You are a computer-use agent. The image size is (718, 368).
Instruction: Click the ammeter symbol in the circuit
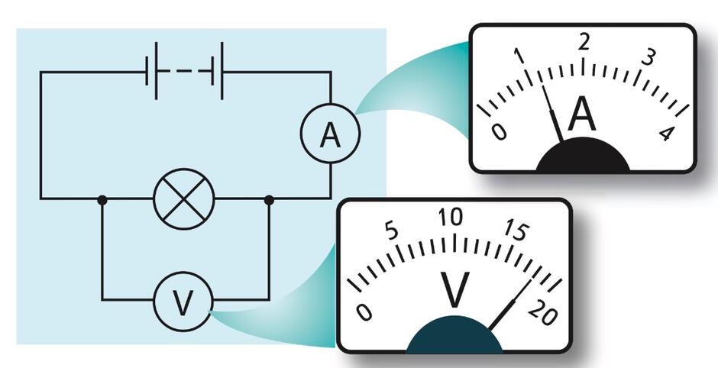click(330, 133)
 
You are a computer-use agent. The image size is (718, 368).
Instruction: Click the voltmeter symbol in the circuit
click(183, 302)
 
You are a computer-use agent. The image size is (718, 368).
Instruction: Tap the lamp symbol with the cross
click(183, 199)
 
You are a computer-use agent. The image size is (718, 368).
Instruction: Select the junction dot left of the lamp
click(102, 200)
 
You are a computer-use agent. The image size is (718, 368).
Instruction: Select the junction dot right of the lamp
click(269, 200)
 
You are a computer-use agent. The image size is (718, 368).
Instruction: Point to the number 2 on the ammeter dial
click(583, 43)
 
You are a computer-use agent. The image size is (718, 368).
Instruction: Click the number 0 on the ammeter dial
click(499, 132)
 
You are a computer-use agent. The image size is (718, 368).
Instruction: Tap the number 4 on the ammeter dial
click(667, 133)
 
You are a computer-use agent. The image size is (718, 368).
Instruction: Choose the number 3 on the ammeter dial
click(648, 58)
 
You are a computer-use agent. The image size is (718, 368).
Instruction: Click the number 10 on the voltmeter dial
click(451, 218)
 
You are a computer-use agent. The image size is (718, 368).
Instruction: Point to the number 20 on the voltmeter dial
click(543, 314)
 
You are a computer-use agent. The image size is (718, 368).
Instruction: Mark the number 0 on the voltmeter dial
click(364, 313)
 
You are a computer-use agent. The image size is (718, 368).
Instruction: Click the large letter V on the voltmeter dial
click(454, 289)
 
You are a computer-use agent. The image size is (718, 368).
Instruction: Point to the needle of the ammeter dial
click(552, 113)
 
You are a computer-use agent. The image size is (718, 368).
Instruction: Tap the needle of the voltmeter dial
click(510, 305)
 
